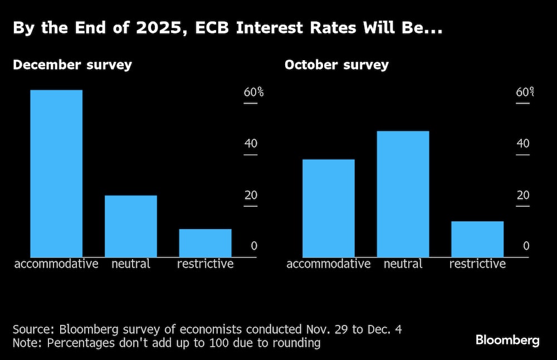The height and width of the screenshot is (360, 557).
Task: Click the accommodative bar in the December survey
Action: point(56,173)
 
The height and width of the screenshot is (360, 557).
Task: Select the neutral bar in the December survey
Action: point(131,226)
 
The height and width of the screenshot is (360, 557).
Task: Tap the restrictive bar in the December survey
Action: point(205,242)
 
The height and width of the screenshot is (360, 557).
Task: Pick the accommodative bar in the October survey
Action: point(328,208)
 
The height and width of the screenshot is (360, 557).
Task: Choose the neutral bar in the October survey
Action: point(403,194)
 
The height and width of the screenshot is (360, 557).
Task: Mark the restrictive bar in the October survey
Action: point(477,239)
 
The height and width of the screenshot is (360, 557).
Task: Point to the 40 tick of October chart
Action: point(522,143)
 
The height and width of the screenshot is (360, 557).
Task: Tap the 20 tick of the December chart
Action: point(251,195)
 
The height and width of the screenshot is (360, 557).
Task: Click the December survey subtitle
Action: point(72,65)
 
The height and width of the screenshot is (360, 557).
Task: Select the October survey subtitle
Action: point(336,65)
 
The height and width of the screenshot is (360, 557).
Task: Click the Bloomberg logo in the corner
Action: point(507,340)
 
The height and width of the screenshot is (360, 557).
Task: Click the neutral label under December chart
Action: point(131,264)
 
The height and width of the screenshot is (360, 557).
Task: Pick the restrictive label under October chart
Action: point(477,264)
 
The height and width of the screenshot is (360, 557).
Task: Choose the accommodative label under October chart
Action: point(328,264)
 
